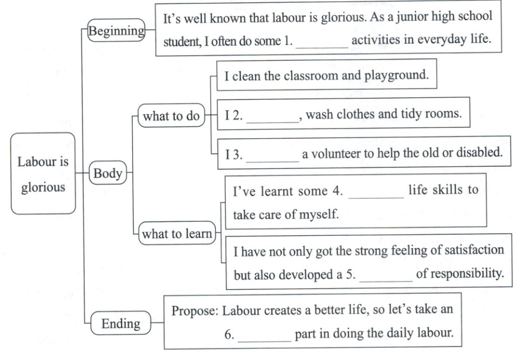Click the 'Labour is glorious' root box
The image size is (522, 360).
(43, 174)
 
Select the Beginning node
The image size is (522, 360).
(116, 30)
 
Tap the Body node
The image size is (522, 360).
(108, 174)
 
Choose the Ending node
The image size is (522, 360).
(120, 323)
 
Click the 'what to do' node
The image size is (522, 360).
(171, 116)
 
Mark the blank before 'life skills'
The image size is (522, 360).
(376, 194)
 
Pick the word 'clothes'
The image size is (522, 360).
(353, 114)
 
